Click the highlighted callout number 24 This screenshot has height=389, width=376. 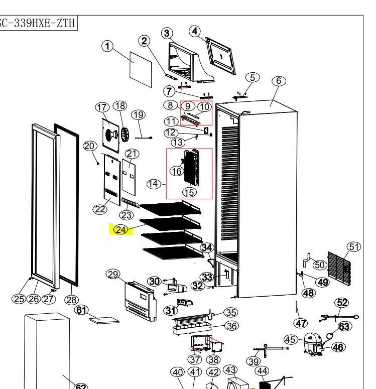[121, 229]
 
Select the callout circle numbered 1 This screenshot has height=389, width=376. [107, 46]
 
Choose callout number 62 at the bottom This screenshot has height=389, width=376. [80, 386]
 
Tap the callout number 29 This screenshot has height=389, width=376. [113, 274]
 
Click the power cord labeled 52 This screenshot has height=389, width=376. [339, 317]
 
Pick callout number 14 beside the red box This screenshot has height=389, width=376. [153, 184]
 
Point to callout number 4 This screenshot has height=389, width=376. [195, 31]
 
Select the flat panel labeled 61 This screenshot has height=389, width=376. [104, 320]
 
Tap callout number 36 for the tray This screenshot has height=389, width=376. [230, 326]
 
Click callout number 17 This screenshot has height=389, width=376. [102, 107]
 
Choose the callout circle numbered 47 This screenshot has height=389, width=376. [301, 323]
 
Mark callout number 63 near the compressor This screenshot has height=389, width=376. [344, 327]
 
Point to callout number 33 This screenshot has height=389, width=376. [207, 277]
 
